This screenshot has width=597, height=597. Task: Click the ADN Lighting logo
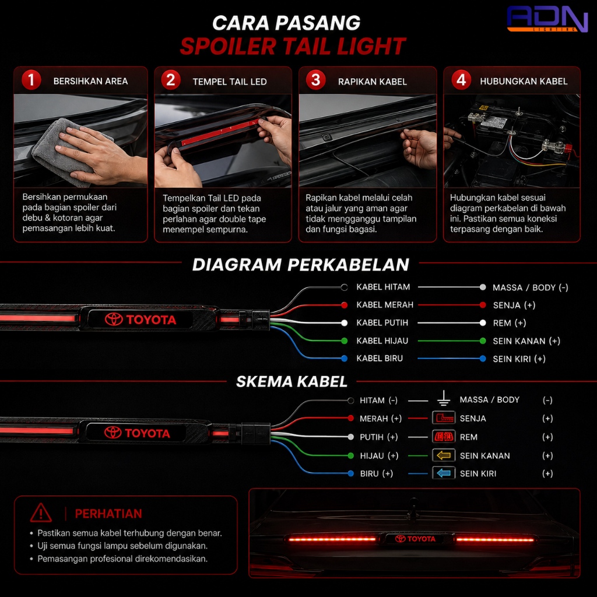click(x=547, y=19)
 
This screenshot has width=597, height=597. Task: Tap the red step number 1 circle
click(x=31, y=80)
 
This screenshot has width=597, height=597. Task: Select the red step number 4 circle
click(x=461, y=80)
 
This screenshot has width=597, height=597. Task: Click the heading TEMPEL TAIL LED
click(x=230, y=82)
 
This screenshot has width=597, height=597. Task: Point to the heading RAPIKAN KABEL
click(x=373, y=82)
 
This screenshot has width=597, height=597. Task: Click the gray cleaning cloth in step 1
click(x=65, y=152)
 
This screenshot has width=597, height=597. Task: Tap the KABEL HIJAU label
click(x=382, y=340)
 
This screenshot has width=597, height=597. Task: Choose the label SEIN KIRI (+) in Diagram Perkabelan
click(x=519, y=359)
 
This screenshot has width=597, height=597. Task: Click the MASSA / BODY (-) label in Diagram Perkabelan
click(x=531, y=287)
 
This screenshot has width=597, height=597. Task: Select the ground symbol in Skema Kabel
click(x=444, y=398)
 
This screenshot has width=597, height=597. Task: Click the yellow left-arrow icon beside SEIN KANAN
click(x=444, y=455)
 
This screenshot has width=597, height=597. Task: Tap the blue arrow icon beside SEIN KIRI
click(x=444, y=473)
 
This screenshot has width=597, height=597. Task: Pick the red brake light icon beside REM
click(x=444, y=437)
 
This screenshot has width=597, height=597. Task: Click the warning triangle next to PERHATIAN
click(x=41, y=513)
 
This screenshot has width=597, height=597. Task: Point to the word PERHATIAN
click(x=108, y=514)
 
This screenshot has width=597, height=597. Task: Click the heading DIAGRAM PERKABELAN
click(x=301, y=265)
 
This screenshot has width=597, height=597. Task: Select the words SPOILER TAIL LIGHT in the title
click(x=293, y=47)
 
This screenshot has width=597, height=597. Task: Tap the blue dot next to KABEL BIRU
click(x=344, y=359)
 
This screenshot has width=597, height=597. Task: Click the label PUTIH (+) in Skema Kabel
click(x=379, y=437)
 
